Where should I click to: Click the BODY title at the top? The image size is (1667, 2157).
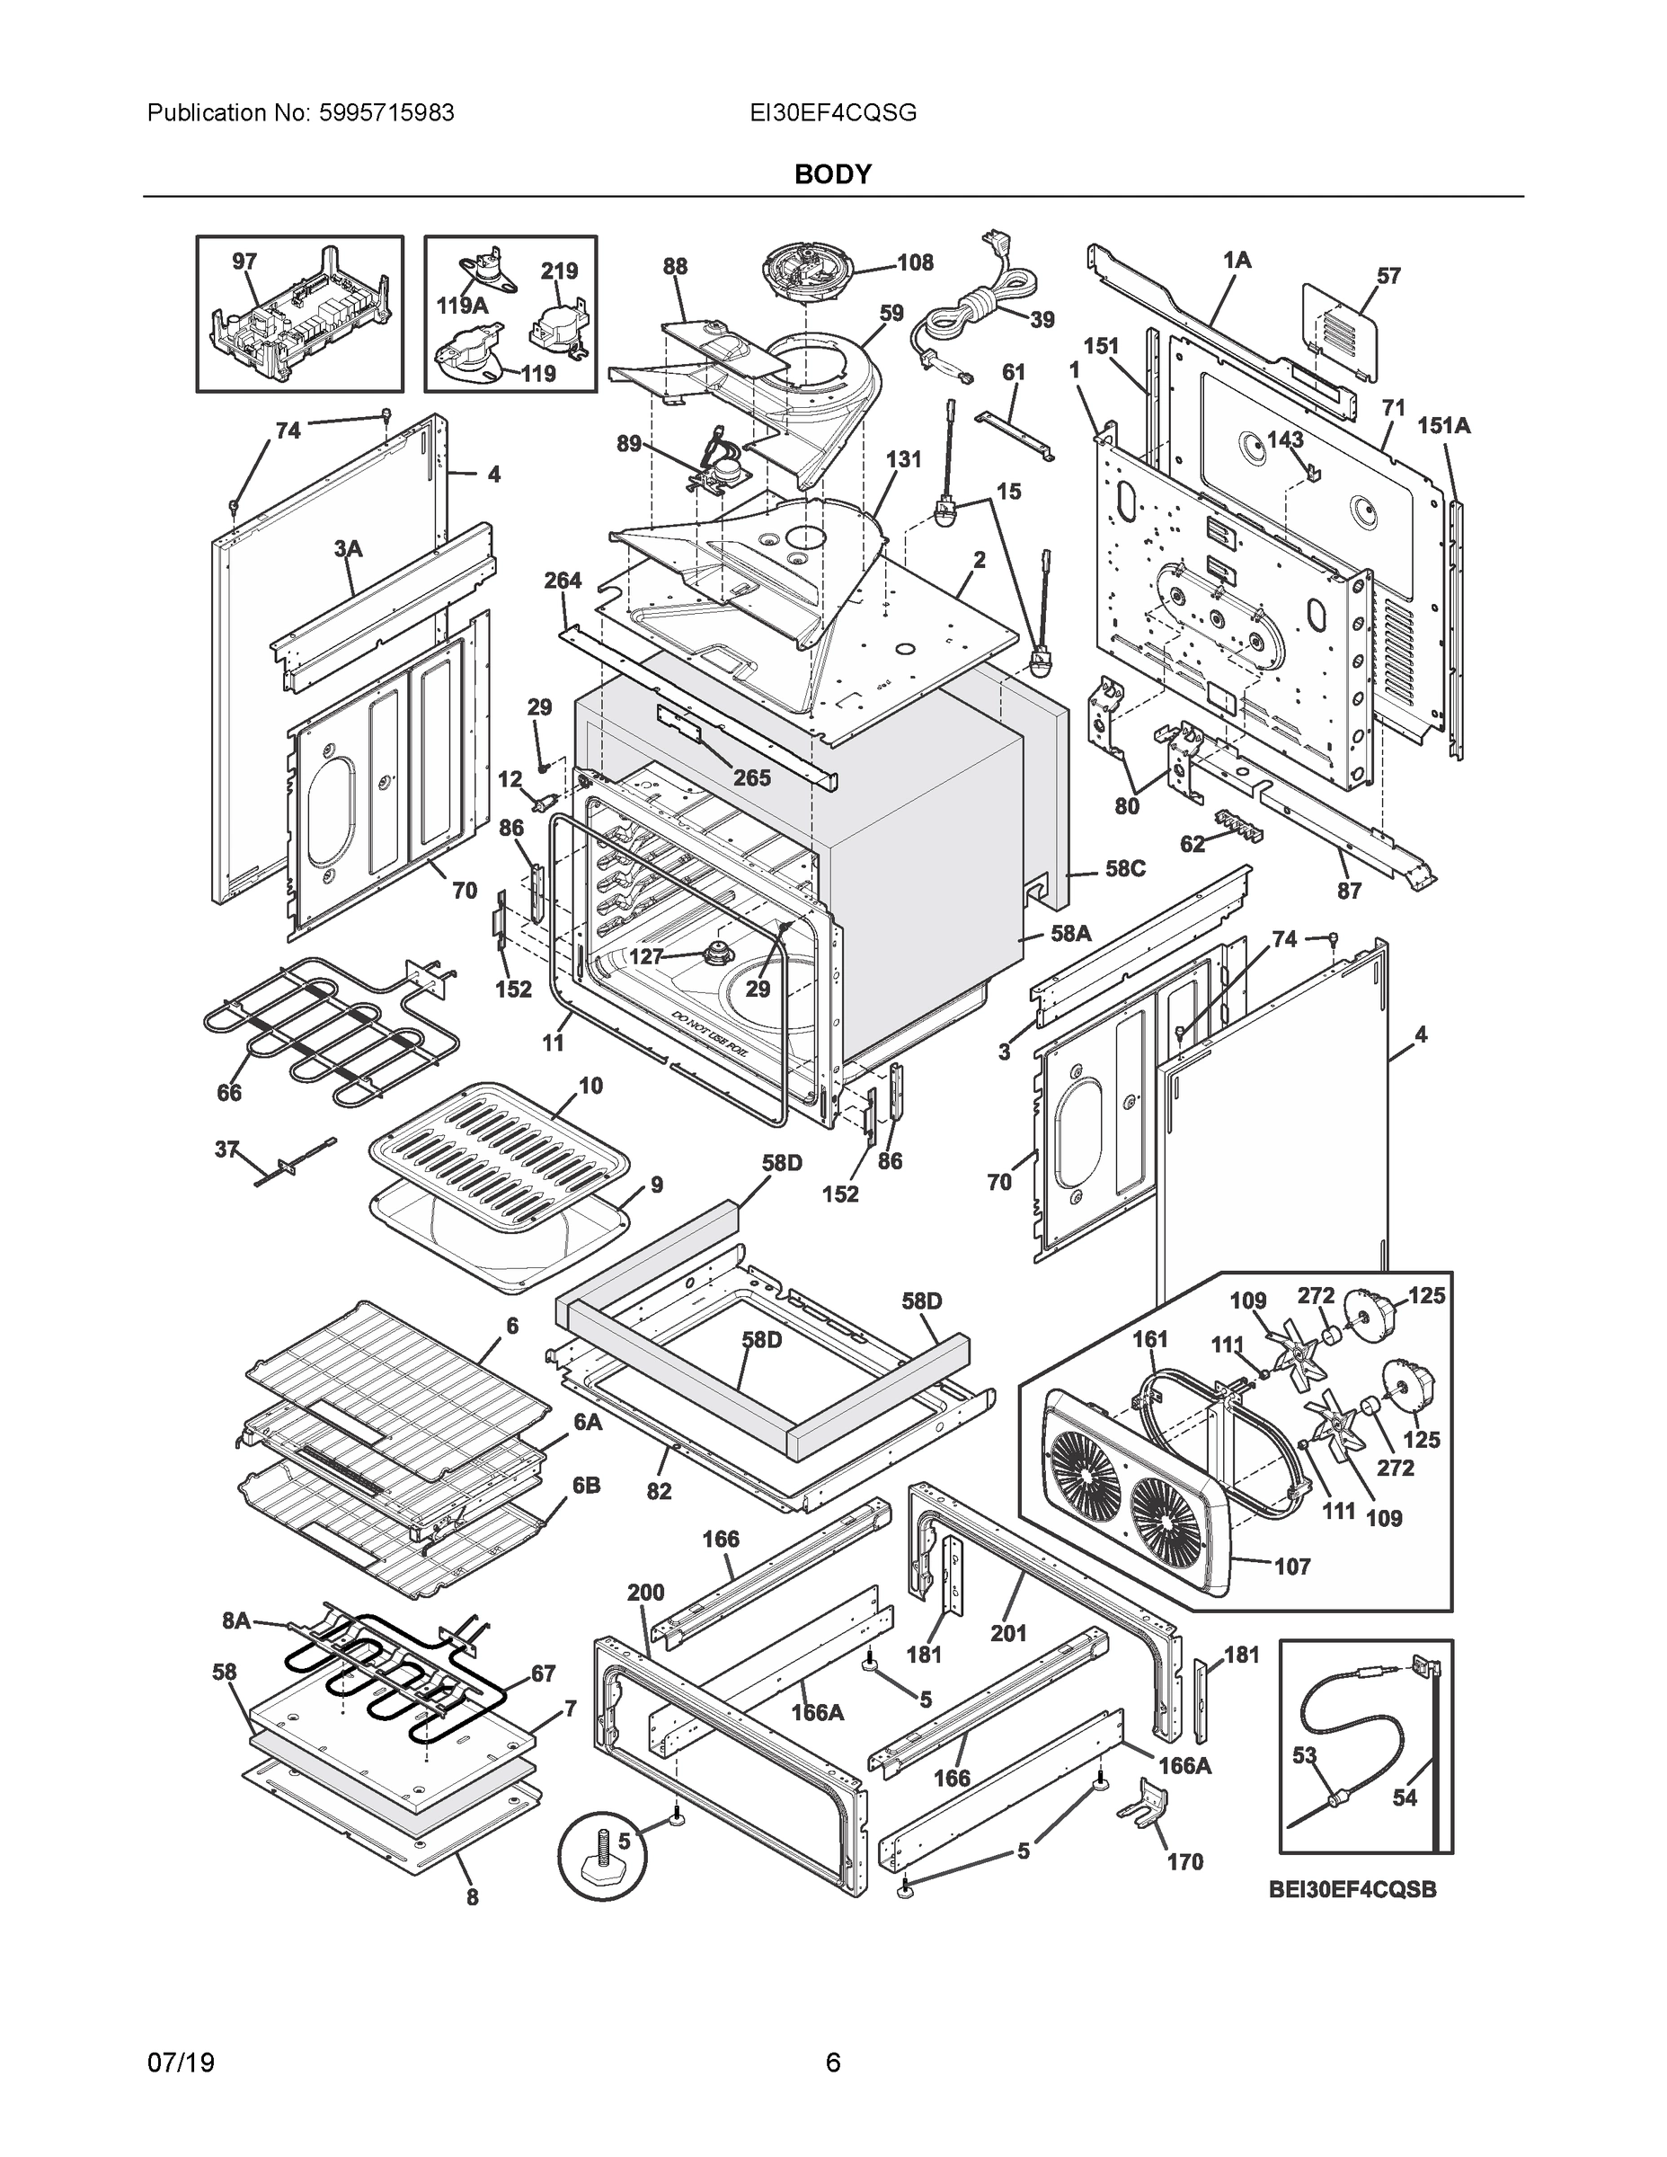point(832,175)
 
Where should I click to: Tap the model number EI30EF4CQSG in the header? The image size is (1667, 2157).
point(832,113)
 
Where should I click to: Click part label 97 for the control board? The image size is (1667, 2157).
point(244,262)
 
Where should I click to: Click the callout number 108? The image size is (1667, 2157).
point(915,262)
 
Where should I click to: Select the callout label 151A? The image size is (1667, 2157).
point(1444,426)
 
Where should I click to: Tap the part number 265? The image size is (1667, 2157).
point(751,778)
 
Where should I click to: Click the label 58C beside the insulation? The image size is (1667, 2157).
point(1125,869)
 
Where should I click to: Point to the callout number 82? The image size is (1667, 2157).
point(659,1491)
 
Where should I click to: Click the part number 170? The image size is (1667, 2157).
point(1185,1863)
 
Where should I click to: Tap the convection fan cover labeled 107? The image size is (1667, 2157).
point(1126,1481)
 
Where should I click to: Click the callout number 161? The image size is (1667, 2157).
point(1149,1339)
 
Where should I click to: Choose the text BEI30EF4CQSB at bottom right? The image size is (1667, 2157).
point(1352,1889)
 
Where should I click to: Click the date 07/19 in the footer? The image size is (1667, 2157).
point(181,2063)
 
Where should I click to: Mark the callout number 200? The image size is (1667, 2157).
point(646,1592)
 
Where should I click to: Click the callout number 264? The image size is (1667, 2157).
point(562,581)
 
